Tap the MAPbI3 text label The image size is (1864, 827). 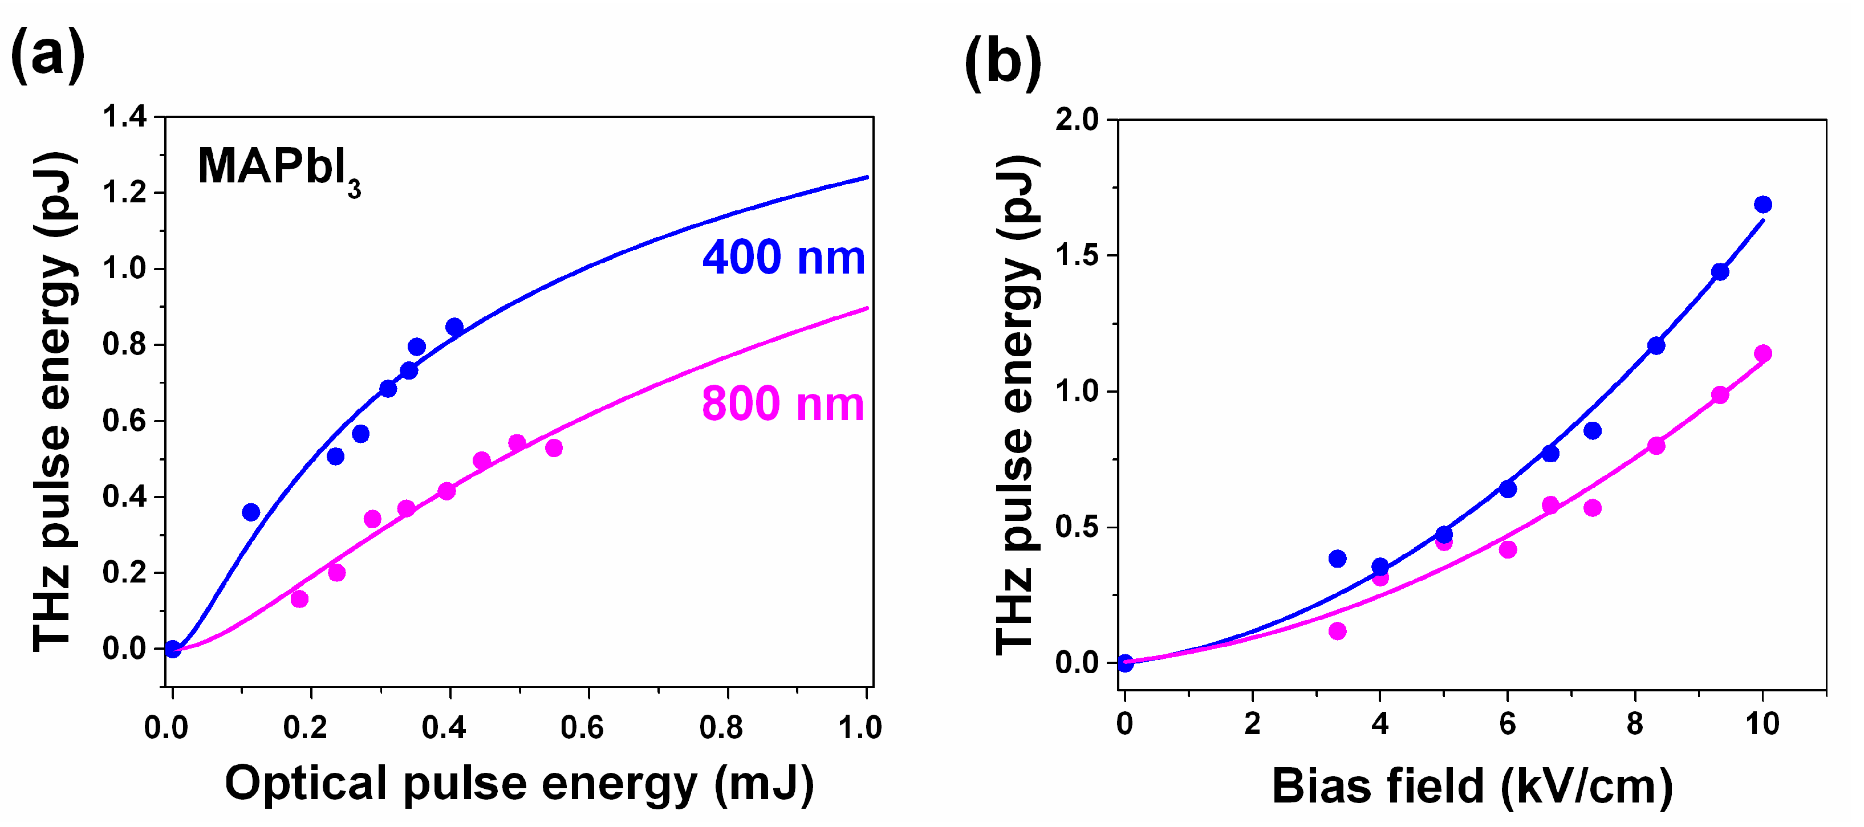tap(278, 169)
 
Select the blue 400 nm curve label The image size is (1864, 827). tap(783, 258)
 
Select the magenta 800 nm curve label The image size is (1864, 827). tap(783, 404)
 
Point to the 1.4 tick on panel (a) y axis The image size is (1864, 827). tap(124, 116)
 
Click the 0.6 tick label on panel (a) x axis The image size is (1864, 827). tap(583, 727)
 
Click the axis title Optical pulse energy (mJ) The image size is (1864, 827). tap(519, 783)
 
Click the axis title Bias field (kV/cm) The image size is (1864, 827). tap(1472, 786)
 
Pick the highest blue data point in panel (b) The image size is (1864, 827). tap(1763, 205)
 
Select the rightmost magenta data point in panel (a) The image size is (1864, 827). tap(554, 448)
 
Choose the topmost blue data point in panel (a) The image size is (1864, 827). tap(454, 327)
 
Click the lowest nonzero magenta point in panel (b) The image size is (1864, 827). tap(1337, 631)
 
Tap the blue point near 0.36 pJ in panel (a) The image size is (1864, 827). tap(251, 512)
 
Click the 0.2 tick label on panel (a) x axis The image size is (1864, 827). tap(304, 727)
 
